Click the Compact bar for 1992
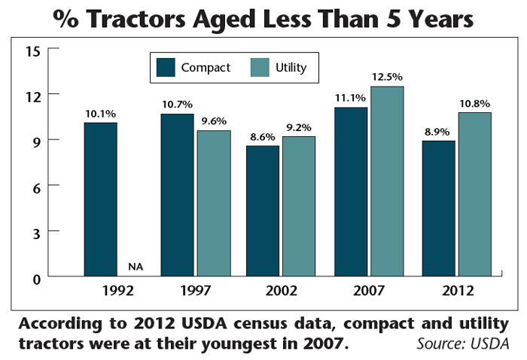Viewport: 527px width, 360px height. pos(100,200)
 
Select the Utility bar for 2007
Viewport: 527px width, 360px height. pos(386,182)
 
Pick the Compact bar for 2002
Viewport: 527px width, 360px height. pos(262,211)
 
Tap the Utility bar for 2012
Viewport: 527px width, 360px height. pos(475,194)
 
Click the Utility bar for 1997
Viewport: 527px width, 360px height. pos(214,203)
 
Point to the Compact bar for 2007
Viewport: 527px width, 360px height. pos(350,192)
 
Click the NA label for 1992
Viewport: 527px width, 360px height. pos(136,266)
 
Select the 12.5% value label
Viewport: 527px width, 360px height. pos(386,77)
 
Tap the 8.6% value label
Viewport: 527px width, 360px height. pos(263,137)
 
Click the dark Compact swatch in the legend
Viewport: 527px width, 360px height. pos(166,68)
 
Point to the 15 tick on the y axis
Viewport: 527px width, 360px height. pos(31,50)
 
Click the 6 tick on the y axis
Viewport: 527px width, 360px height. pos(35,185)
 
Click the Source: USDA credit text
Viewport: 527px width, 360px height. pos(462,344)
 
